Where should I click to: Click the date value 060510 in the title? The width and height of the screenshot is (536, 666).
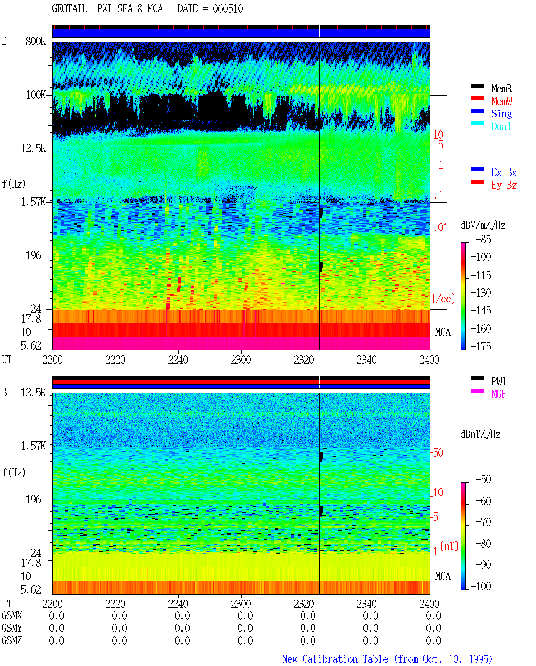227,9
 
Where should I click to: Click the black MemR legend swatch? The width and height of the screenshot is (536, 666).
477,86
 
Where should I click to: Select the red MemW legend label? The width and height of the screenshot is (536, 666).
501,101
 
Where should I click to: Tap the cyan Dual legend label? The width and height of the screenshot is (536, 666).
501,126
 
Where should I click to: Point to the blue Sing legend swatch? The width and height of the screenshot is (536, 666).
477,111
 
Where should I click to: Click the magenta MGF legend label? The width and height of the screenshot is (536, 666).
499,394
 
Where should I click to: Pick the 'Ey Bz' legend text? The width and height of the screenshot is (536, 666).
504,185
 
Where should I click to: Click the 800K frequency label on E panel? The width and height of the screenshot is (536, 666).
36,41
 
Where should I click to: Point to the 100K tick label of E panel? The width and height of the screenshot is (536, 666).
36,95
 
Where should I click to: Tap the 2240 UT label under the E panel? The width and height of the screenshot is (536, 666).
178,360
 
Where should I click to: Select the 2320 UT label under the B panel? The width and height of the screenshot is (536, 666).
304,603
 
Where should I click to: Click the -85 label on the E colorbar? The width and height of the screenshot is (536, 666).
483,239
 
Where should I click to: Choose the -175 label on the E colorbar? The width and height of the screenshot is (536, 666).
481,346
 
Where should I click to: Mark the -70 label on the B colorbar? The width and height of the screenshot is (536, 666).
483,522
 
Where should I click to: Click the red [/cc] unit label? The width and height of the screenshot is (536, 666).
443,299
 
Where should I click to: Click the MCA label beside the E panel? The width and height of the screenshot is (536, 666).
443,332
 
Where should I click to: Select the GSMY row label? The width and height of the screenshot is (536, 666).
12,628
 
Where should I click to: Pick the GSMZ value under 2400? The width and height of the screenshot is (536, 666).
433,640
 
